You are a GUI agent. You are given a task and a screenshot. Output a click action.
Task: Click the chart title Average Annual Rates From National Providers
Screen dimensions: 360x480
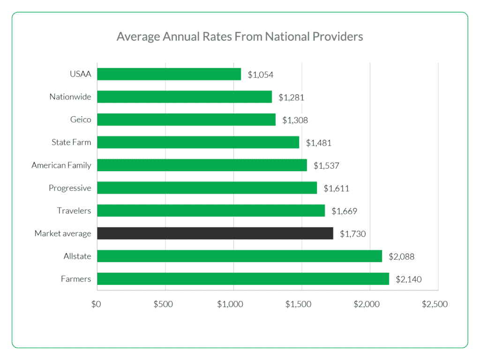pos(240,37)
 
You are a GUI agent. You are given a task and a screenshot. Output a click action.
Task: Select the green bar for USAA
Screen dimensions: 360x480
pos(169,74)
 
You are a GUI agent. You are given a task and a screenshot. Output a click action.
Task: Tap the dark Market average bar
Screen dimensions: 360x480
pos(215,233)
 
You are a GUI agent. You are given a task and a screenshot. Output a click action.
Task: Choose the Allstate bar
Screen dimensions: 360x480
pos(240,256)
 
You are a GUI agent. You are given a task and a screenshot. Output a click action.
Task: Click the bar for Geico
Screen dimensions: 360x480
pos(186,120)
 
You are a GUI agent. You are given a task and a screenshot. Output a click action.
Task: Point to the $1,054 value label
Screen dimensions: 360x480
pos(261,75)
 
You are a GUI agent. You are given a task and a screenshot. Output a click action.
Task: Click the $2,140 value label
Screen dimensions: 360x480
pos(409,279)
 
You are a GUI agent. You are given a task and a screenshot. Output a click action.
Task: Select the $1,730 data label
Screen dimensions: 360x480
pos(353,233)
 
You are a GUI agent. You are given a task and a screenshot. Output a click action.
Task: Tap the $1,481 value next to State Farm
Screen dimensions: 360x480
pos(319,142)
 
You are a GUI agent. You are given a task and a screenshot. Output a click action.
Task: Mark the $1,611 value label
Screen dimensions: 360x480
pos(337,188)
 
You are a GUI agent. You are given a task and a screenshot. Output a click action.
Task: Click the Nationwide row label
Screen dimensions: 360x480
pos(70,97)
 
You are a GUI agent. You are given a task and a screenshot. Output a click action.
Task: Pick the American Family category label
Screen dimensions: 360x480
pos(61,165)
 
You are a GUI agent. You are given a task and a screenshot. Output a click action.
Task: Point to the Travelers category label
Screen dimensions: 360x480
pos(74,210)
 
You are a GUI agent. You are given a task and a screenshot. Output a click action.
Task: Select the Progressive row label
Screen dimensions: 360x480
pos(70,188)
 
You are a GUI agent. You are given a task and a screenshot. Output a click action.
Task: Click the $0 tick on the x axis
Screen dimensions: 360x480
pos(96,304)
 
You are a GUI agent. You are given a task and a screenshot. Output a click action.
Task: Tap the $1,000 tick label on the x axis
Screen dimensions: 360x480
pos(230,304)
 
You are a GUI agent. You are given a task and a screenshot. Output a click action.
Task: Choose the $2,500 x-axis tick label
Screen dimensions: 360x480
pos(435,304)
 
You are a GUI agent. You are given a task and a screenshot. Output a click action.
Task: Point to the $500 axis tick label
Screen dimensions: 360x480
pos(163,304)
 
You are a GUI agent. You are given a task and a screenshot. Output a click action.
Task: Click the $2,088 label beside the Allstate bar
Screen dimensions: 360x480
pos(402,256)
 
